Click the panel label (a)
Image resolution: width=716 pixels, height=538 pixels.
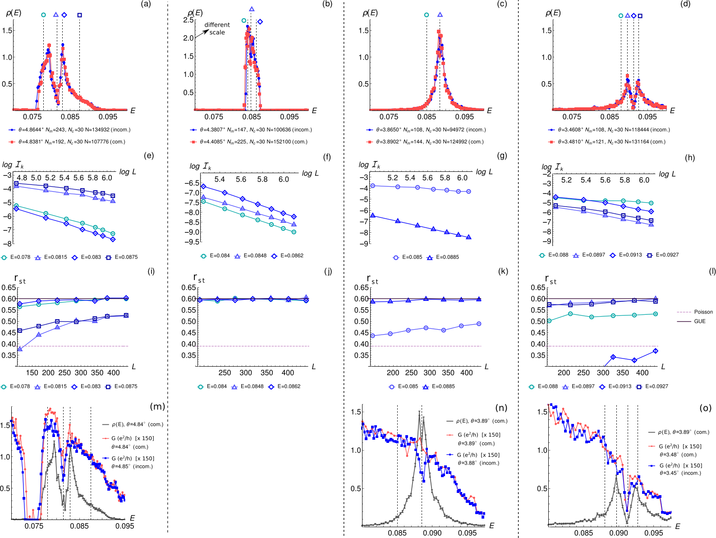coord(146,4)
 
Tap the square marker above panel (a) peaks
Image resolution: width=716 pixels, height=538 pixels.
coord(80,15)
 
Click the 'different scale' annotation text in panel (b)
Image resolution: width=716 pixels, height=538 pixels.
coord(217,28)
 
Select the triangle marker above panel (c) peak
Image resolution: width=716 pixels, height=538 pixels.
coord(440,15)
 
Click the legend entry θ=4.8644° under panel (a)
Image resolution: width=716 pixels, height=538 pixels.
coord(70,129)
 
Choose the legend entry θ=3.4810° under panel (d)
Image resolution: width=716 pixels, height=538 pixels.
coord(607,142)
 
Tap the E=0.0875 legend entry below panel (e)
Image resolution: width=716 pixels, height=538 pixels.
coord(122,257)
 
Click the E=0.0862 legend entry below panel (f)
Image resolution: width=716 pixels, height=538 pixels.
coord(287,255)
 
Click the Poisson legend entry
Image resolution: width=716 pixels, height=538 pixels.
coord(695,312)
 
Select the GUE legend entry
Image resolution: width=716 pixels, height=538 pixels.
coord(691,321)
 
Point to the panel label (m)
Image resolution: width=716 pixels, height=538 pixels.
coord(157,406)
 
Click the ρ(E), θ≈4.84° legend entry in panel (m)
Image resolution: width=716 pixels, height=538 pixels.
coord(133,424)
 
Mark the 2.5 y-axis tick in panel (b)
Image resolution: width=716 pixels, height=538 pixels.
coord(188,20)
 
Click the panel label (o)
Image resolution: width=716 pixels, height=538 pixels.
coord(705,408)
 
